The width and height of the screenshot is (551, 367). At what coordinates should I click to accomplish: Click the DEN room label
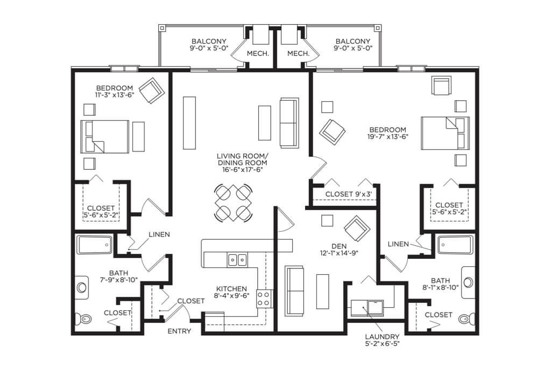pyautogui.click(x=339, y=246)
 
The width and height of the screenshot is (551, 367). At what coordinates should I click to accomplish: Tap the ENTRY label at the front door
pyautogui.click(x=179, y=331)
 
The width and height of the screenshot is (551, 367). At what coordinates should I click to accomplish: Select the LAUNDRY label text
pyautogui.click(x=382, y=337)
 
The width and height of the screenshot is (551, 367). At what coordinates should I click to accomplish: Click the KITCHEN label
pyautogui.click(x=231, y=288)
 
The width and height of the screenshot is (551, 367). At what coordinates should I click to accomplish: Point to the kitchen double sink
pyautogui.click(x=237, y=260)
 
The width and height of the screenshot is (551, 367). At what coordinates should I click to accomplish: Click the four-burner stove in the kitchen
pyautogui.click(x=264, y=299)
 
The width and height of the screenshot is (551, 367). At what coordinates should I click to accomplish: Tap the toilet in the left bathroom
pyautogui.click(x=85, y=319)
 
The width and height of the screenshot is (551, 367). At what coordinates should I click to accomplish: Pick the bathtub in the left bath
pyautogui.click(x=95, y=245)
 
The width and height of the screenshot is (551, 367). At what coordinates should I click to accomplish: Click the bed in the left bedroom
pyautogui.click(x=105, y=136)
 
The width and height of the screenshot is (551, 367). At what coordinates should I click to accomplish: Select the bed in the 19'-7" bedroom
pyautogui.click(x=445, y=133)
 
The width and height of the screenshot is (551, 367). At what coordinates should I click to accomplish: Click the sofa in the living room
pyautogui.click(x=289, y=123)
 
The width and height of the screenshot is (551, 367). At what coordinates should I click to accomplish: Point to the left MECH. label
pyautogui.click(x=258, y=54)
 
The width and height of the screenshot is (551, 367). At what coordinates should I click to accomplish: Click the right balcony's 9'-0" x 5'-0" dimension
pyautogui.click(x=353, y=48)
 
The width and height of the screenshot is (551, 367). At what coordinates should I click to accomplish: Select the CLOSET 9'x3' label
pyautogui.click(x=348, y=194)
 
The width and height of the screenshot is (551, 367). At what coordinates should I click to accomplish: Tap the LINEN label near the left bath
pyautogui.click(x=159, y=234)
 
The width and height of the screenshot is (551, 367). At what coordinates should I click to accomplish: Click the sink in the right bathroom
pyautogui.click(x=468, y=282)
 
